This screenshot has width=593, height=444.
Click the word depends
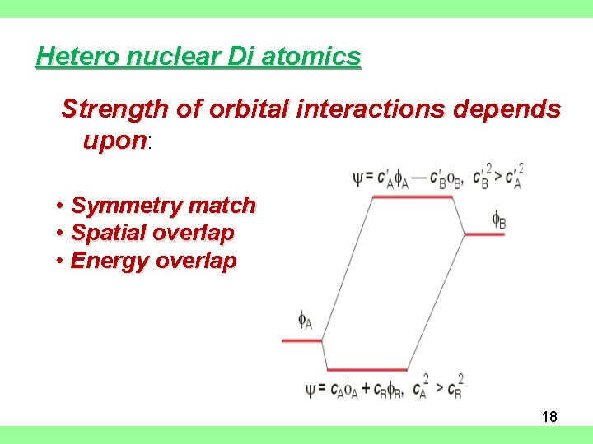click(512, 109)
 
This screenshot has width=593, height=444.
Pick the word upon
click(114, 141)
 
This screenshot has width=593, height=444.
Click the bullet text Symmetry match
click(163, 206)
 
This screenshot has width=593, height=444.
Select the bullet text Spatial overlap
click(152, 234)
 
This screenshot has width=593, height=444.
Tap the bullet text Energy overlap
click(153, 261)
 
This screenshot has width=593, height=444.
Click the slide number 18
click(549, 417)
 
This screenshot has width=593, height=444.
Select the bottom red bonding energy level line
click(367, 370)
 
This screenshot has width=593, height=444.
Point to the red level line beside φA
click(301, 340)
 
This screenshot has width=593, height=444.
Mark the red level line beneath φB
click(484, 234)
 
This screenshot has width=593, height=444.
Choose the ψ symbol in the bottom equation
click(311, 389)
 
